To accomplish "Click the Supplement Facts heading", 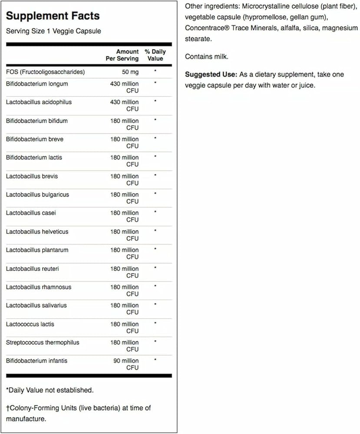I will (x=53, y=16).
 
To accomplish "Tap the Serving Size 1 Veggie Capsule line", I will (x=53, y=31).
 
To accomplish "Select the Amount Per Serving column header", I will (x=122, y=55).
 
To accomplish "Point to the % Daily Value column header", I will (x=155, y=55).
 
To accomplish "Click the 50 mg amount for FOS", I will (x=130, y=72).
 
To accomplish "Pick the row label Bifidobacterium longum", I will (x=37, y=84).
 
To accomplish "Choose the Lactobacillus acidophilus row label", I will (x=39, y=102).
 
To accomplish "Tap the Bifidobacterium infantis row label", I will (x=36, y=361).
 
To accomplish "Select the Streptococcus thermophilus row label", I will (x=43, y=342).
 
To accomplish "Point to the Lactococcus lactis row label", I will (x=30, y=324).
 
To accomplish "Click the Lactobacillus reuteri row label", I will (x=32, y=269).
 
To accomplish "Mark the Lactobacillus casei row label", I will (x=31, y=213).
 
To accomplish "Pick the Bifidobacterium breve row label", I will (x=34, y=139).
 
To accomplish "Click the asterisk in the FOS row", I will (x=155, y=70).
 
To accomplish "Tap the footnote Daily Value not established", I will (x=50, y=390).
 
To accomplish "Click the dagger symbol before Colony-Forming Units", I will (x=8, y=408).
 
